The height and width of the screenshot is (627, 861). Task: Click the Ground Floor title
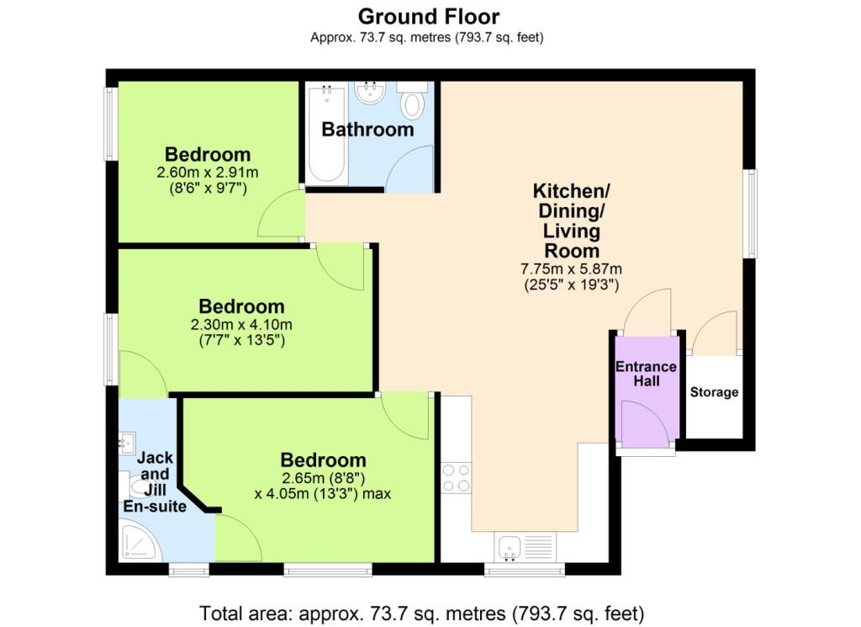428,17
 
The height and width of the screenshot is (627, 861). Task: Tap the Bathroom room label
367,129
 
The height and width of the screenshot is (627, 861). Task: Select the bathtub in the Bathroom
327,133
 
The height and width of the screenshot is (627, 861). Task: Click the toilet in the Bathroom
412,99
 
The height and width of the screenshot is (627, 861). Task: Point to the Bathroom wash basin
370,92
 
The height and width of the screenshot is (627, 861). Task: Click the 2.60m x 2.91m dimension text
208,172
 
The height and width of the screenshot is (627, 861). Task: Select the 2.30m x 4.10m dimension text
241,324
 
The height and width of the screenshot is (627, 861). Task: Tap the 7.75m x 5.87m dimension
571,268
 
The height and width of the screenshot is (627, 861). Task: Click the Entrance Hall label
647,374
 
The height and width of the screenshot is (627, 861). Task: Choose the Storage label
714,392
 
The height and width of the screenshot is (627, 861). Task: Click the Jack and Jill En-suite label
155,482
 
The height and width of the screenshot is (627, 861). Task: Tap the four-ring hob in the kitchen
457,478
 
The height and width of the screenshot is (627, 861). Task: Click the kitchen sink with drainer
526,547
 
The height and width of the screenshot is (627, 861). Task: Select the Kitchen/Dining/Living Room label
571,221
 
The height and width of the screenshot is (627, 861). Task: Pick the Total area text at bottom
422,613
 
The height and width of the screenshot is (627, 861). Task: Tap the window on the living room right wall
750,213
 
